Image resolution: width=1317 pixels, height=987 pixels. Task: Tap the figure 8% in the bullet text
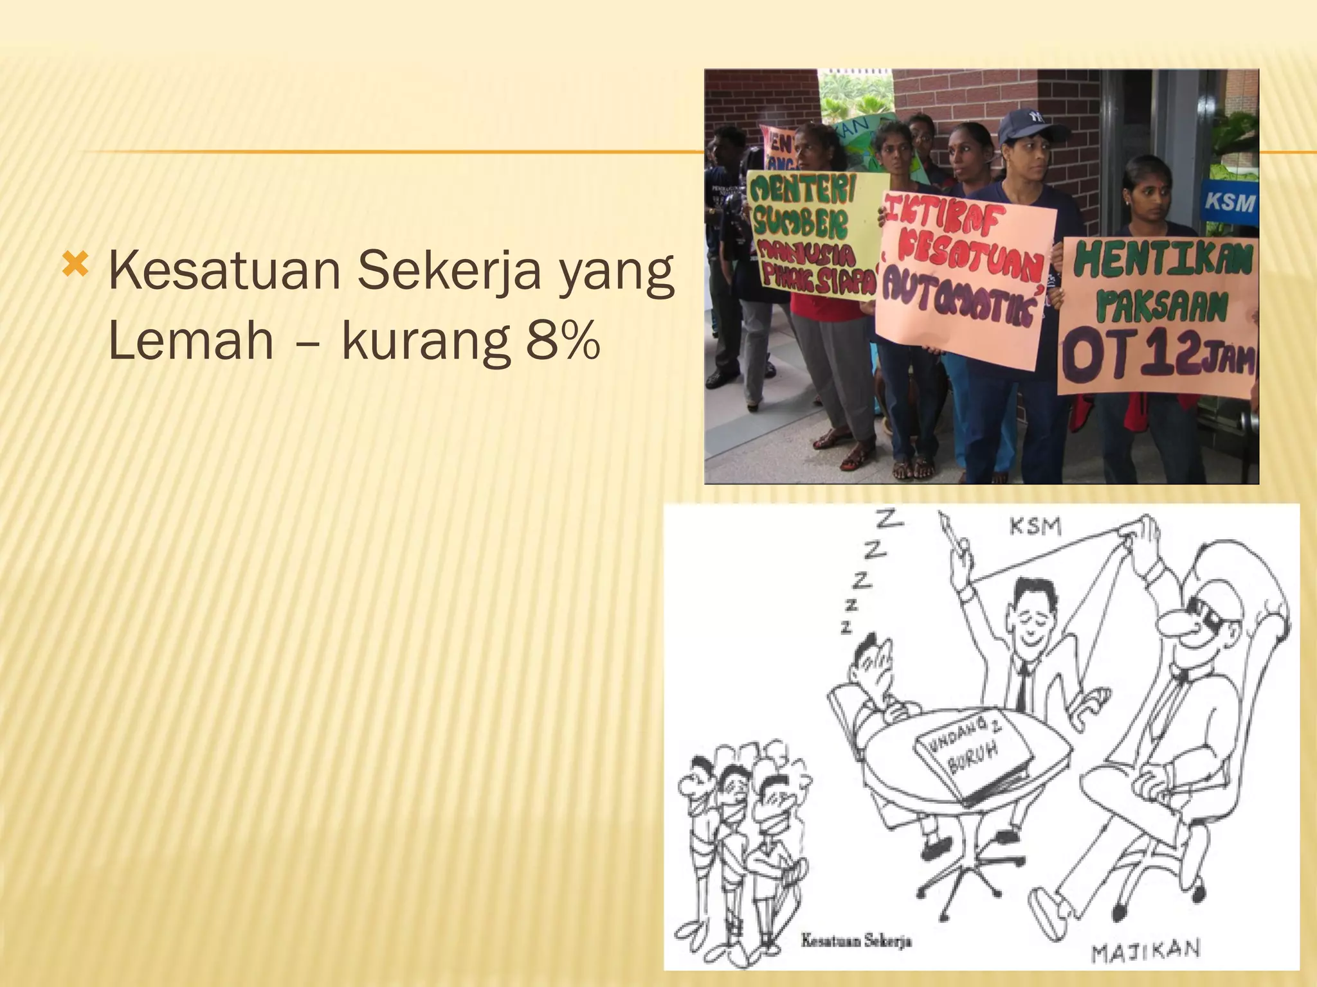coord(563,342)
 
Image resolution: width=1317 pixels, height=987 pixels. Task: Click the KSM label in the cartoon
coord(1035,527)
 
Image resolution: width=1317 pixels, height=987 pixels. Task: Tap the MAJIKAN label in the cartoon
coord(1145,950)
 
